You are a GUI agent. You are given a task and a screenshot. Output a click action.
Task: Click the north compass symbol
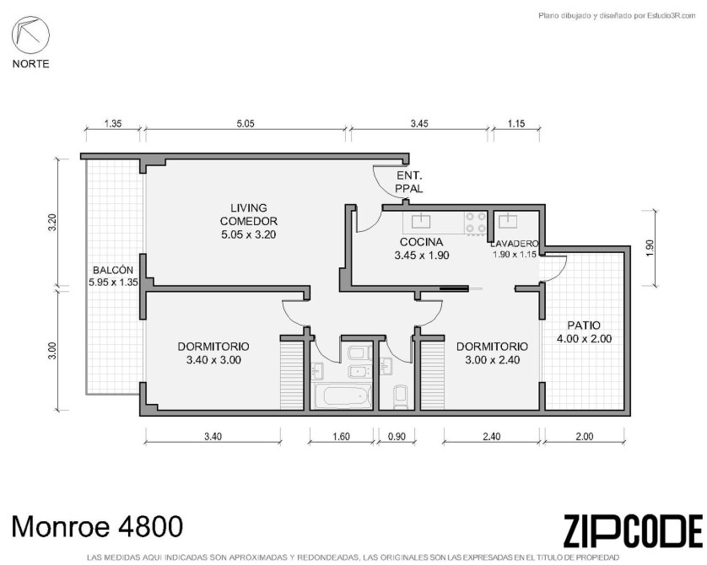30,35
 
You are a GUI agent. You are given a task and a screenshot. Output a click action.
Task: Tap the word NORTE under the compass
30,64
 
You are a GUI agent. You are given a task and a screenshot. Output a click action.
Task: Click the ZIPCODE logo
633,531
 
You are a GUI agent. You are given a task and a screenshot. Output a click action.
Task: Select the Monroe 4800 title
97,527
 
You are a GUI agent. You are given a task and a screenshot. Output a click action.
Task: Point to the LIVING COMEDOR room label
248,221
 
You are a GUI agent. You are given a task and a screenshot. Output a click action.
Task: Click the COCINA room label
422,248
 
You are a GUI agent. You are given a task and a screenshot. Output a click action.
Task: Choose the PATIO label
584,331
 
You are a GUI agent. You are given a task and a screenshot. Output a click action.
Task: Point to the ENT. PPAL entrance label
409,182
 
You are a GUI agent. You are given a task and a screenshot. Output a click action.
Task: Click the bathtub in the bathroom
343,396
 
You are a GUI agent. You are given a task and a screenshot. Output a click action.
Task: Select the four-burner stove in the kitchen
476,223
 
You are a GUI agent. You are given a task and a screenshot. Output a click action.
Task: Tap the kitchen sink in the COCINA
421,221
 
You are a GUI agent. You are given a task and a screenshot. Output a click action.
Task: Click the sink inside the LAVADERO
508,221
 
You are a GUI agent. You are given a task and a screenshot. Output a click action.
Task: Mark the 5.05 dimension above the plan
246,123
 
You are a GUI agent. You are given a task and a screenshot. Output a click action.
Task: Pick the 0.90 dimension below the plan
397,436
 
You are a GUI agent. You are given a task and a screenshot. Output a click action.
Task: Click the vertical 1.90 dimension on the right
650,248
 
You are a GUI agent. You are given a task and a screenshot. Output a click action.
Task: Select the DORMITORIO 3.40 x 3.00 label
213,353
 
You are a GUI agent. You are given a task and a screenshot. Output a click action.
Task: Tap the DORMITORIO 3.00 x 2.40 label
492,353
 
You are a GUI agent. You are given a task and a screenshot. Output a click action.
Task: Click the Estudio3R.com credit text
618,16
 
